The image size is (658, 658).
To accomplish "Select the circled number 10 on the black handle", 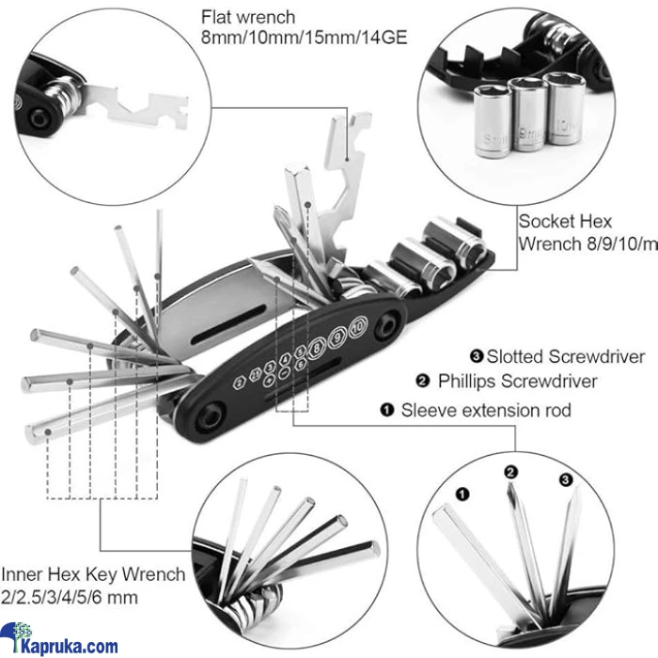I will point(356,328).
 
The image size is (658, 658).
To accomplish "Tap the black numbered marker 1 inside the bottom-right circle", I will point(461,492).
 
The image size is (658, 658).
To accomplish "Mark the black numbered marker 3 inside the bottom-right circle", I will point(565,479).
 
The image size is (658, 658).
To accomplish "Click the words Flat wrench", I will point(248,17).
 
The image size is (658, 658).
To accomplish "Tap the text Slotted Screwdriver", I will point(557,356).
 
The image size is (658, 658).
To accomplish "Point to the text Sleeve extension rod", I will point(486,410).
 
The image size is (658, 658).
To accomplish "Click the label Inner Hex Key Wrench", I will point(93,574).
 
